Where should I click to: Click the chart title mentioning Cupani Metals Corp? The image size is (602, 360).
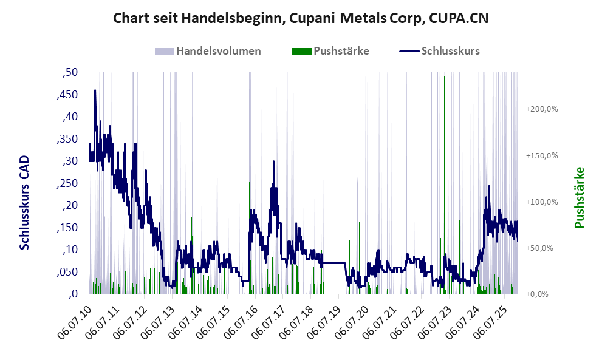[301, 19]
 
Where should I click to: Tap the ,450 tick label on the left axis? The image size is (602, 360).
[67, 95]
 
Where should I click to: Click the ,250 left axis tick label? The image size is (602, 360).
[67, 183]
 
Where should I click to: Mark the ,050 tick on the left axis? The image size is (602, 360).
[67, 272]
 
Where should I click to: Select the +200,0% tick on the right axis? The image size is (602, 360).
[542, 109]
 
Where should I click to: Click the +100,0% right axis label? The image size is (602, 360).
[542, 202]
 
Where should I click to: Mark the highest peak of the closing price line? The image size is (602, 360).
[95, 90]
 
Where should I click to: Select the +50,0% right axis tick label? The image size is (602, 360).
[542, 248]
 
